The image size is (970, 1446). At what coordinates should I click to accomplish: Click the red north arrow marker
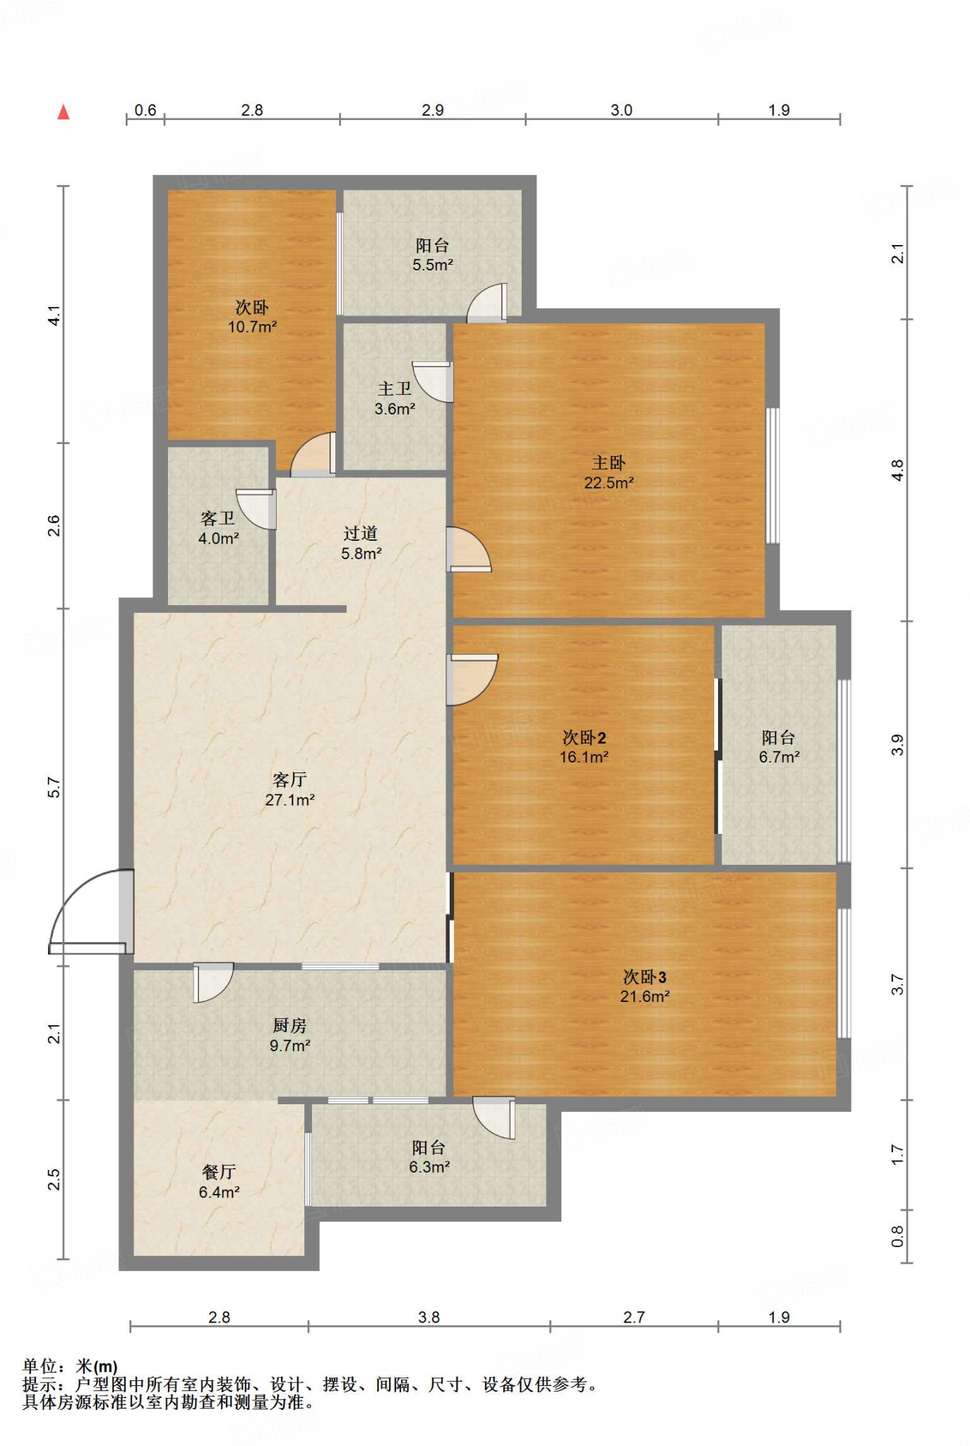click(64, 112)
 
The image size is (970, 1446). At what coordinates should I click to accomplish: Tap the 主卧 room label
click(609, 463)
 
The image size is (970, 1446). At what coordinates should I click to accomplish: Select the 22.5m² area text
click(609, 483)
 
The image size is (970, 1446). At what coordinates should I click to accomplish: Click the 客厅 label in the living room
click(289, 779)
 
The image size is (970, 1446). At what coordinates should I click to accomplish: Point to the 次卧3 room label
click(645, 976)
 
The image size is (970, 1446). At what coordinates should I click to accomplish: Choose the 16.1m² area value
click(584, 757)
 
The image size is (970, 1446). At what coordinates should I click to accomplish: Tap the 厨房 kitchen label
click(289, 1025)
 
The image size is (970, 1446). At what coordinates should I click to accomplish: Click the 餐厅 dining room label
click(219, 1172)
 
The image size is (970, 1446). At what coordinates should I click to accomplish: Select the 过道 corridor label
click(361, 534)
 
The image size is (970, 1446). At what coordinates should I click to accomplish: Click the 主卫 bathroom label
click(395, 389)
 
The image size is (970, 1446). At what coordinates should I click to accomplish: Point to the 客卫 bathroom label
click(217, 518)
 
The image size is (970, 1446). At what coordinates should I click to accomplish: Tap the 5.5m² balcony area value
click(433, 265)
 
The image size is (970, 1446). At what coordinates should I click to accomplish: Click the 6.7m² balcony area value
click(779, 757)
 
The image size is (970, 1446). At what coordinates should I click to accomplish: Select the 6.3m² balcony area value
click(429, 1167)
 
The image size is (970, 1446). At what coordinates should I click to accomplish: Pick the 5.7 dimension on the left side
click(54, 787)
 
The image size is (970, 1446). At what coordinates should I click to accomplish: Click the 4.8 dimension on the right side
click(897, 470)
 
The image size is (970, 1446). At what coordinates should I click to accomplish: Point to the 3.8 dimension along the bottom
click(429, 1317)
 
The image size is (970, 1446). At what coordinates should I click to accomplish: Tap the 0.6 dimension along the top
click(145, 109)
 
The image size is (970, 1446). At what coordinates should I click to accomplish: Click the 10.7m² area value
click(252, 327)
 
